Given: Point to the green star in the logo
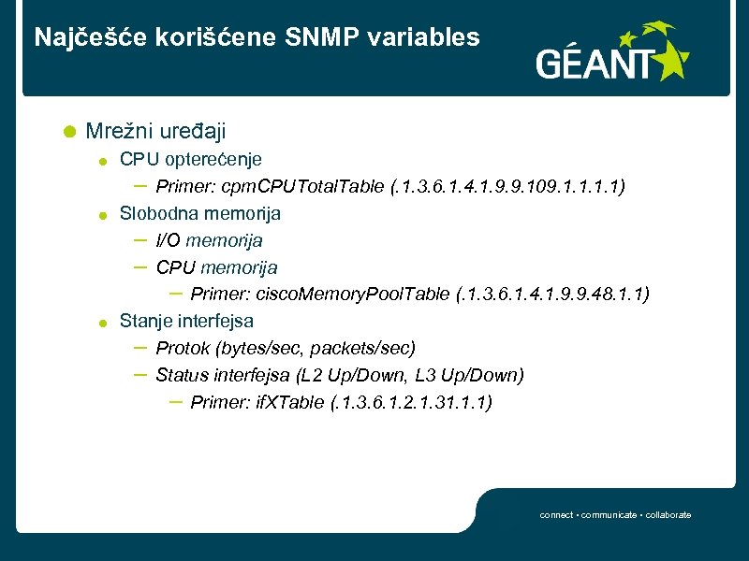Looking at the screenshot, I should (668, 62).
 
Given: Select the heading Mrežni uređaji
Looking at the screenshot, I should (155, 132).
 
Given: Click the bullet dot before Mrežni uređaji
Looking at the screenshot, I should (68, 132).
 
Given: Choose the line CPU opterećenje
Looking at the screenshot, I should (191, 160).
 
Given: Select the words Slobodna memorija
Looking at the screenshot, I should (200, 213).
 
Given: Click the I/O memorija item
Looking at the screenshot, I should (209, 240).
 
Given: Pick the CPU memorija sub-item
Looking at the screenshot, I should (216, 267).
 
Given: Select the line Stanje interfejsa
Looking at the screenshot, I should (186, 321).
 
